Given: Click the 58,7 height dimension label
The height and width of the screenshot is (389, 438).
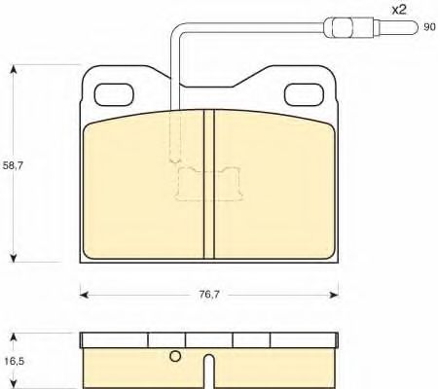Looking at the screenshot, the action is (x=13, y=165).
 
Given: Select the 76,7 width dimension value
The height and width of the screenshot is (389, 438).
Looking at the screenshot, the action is (x=209, y=295).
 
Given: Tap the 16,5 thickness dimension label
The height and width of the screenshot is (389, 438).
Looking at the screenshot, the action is (x=15, y=361).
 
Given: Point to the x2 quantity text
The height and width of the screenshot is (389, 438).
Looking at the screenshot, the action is (x=398, y=10).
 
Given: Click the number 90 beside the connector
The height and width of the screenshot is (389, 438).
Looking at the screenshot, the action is (x=429, y=27).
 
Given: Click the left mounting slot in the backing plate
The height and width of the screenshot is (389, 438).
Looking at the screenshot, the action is (x=114, y=94).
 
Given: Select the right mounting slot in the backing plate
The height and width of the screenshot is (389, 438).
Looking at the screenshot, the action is (x=304, y=94).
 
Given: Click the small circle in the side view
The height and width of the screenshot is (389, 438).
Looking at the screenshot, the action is (x=175, y=356).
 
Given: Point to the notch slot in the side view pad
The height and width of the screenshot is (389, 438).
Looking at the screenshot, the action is (x=210, y=371).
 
